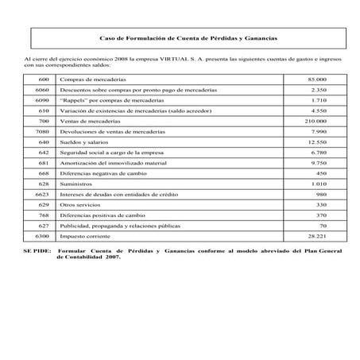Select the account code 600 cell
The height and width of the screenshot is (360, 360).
tap(44, 80)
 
